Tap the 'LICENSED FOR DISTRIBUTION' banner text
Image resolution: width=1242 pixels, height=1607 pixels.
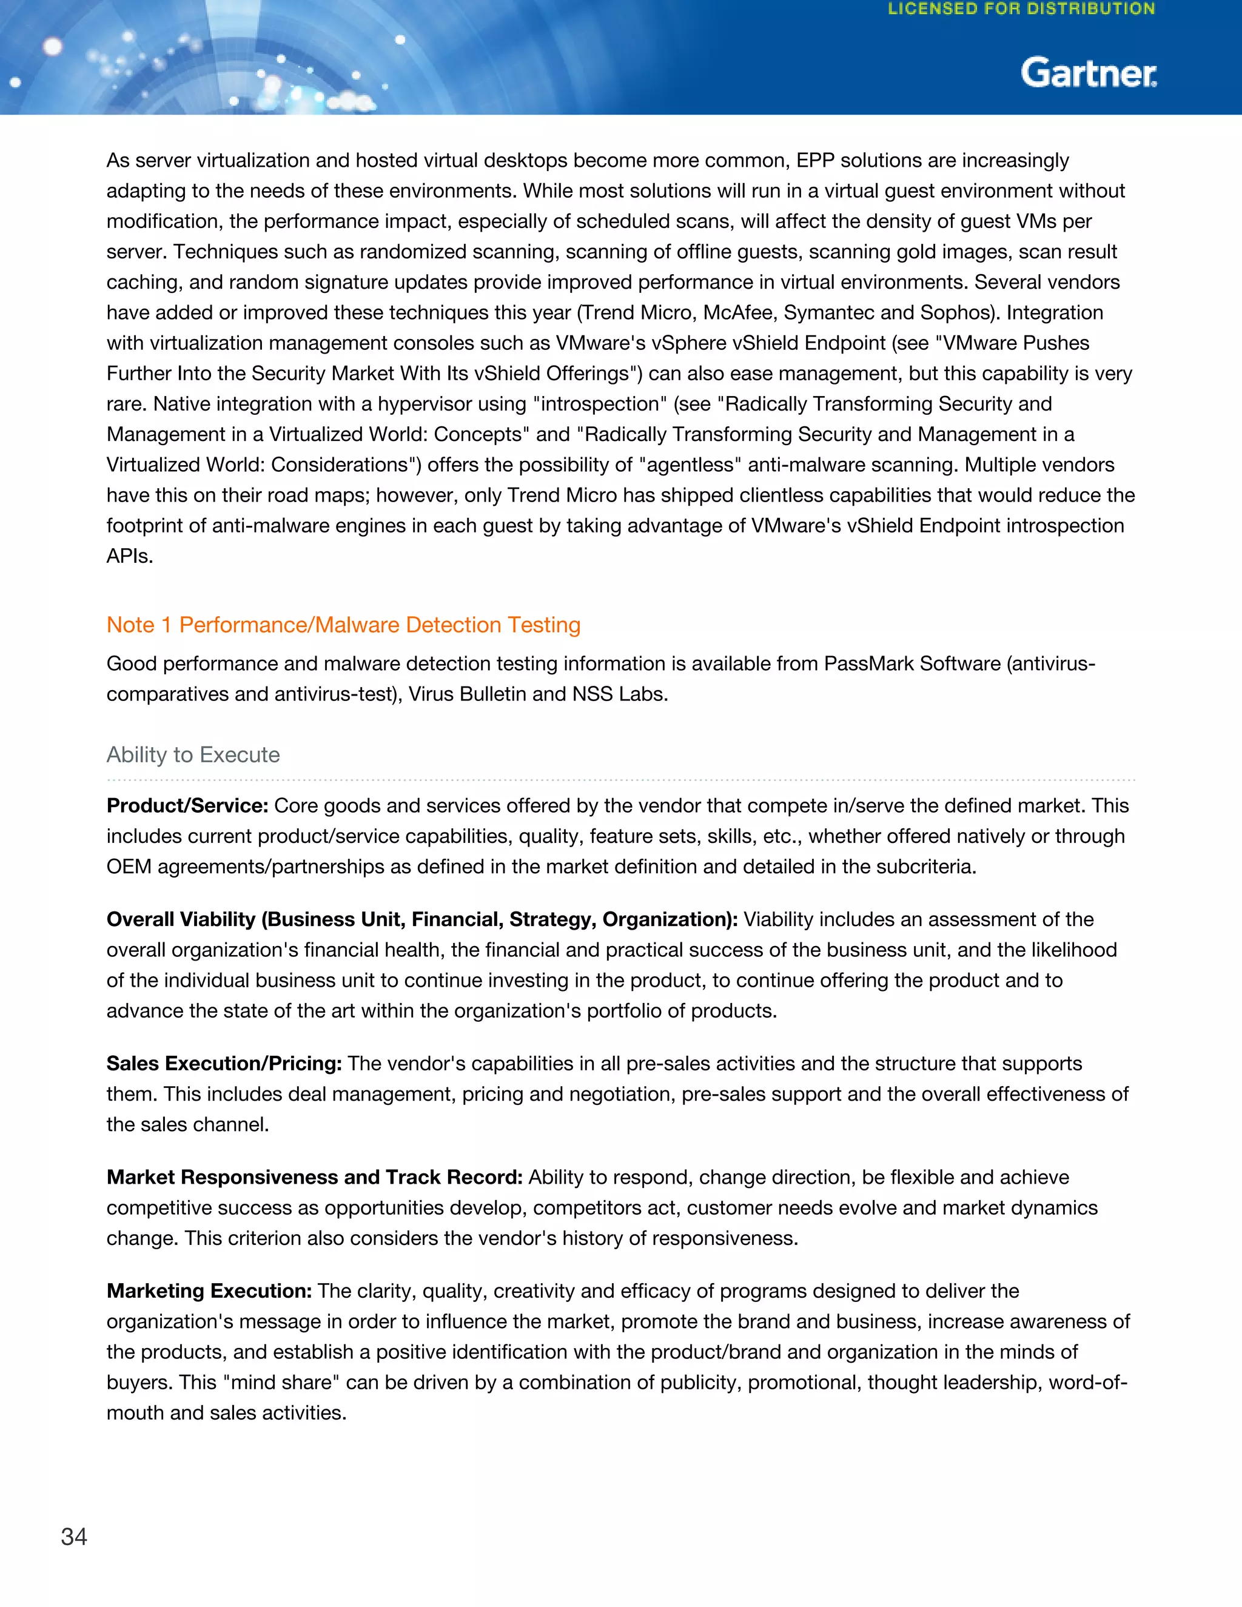(x=1021, y=10)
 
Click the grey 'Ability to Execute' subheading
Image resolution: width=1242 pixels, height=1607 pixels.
(x=193, y=754)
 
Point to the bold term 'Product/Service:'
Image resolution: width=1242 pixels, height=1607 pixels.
(x=187, y=806)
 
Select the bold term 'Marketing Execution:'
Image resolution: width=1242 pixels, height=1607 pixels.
(x=209, y=1290)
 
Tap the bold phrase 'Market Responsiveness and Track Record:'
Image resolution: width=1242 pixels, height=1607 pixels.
(x=314, y=1177)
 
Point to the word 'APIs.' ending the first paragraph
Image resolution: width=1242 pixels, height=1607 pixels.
(x=130, y=556)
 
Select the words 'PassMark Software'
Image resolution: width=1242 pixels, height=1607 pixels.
(x=911, y=663)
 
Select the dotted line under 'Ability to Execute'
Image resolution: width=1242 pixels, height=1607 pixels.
(x=620, y=779)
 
